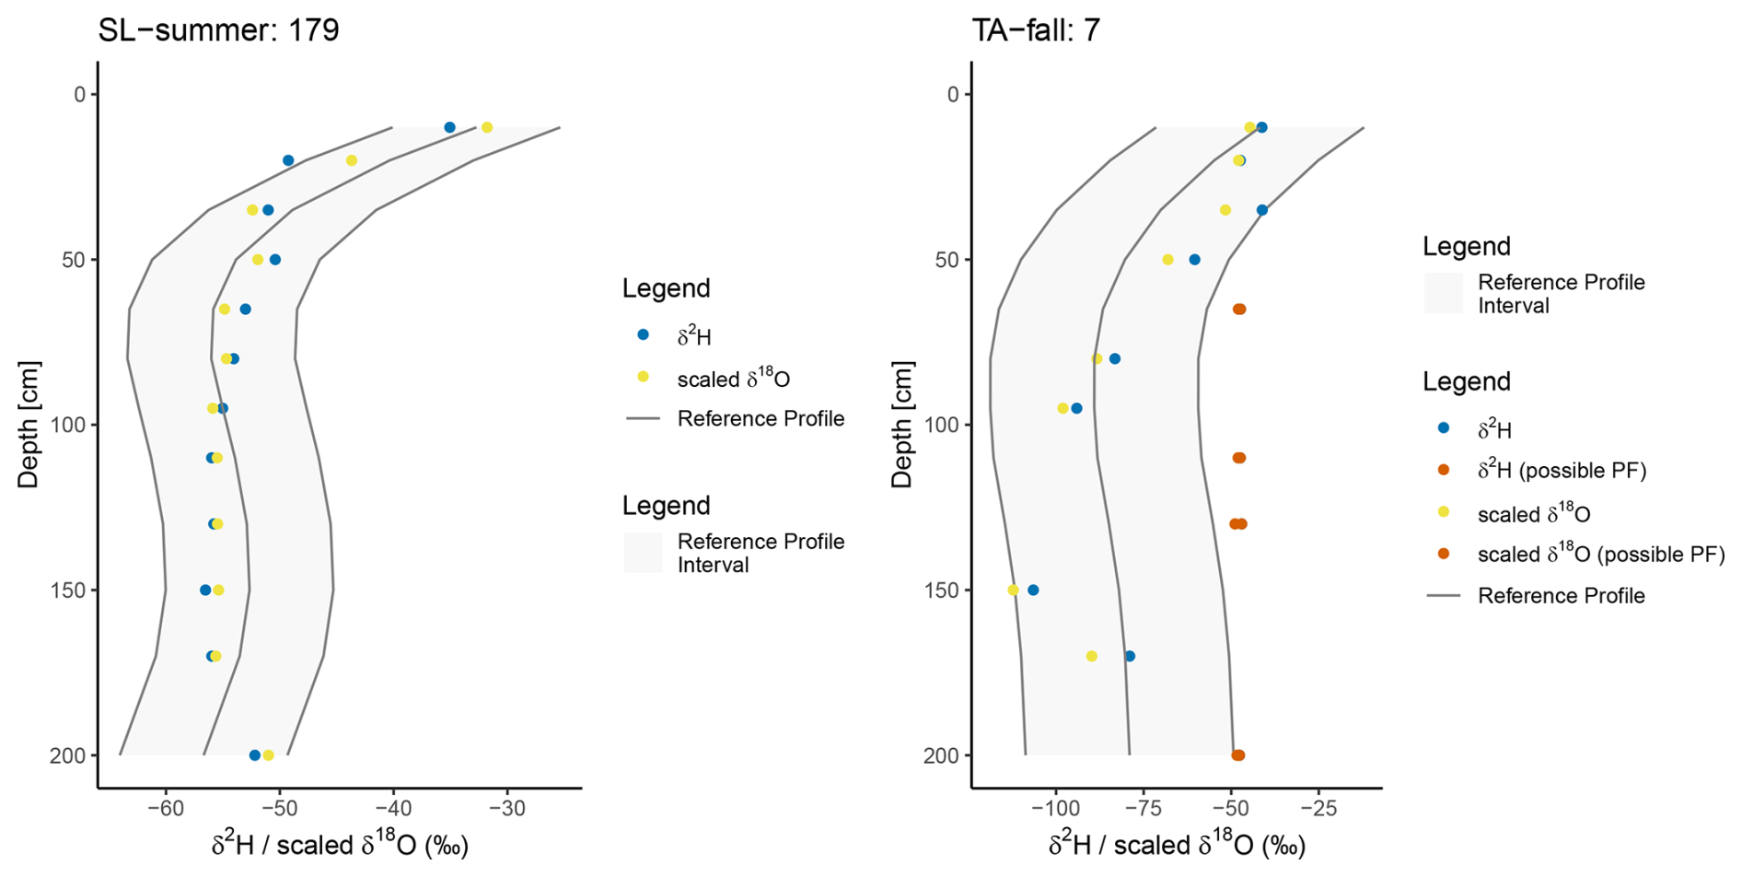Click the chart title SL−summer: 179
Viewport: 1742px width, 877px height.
pyautogui.click(x=219, y=30)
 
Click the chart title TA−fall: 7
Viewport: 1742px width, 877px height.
pyautogui.click(x=1036, y=30)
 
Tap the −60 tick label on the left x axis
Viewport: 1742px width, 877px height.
pyautogui.click(x=166, y=809)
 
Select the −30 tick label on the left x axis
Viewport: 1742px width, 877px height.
pyautogui.click(x=506, y=809)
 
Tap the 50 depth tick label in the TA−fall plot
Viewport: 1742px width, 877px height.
pyautogui.click(x=946, y=260)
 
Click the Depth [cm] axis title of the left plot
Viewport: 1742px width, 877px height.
pyautogui.click(x=29, y=425)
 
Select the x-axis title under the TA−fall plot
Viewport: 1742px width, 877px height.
pyautogui.click(x=1177, y=845)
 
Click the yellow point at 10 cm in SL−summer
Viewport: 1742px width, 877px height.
pyautogui.click(x=487, y=127)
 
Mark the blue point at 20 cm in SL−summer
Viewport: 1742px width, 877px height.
pyautogui.click(x=288, y=160)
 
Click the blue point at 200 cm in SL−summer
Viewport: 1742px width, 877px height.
pyautogui.click(x=255, y=755)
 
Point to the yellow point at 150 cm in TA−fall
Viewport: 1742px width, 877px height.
pyautogui.click(x=1013, y=591)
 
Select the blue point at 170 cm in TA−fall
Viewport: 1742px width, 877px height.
pyautogui.click(x=1130, y=656)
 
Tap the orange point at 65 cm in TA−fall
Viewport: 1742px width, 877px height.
pyautogui.click(x=1239, y=310)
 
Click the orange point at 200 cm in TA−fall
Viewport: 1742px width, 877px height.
pyautogui.click(x=1238, y=755)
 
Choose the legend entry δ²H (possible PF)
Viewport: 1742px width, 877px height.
pyautogui.click(x=1562, y=471)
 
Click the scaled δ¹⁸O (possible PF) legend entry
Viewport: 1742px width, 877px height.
pyautogui.click(x=1600, y=555)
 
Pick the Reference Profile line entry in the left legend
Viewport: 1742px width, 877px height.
pyautogui.click(x=761, y=419)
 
